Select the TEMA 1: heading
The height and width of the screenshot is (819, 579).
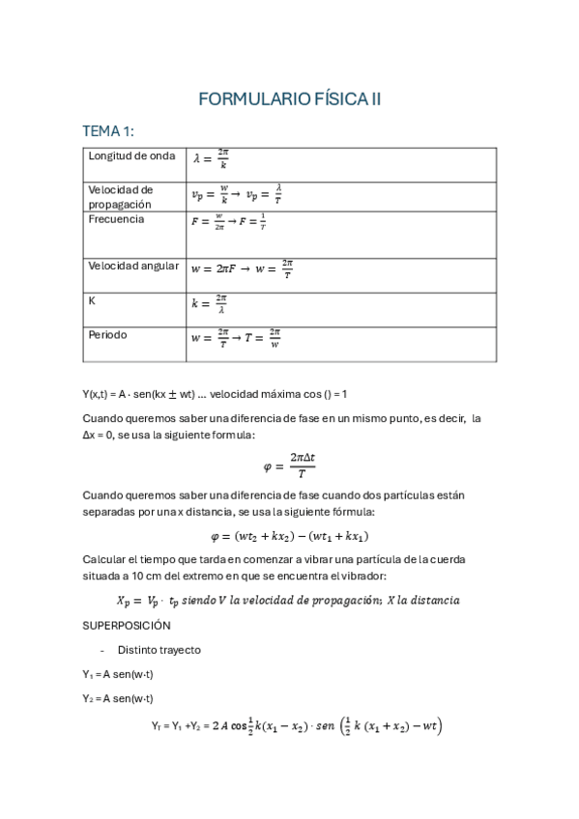coord(114,131)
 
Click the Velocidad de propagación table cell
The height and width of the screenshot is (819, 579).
coord(121,197)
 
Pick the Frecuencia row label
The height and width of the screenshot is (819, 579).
coord(116,219)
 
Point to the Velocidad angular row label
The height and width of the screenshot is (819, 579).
coord(133,266)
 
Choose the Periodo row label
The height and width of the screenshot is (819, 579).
coord(107,335)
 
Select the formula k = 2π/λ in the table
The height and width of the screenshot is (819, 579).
coord(210,303)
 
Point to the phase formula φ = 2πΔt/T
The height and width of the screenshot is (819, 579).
coord(290,466)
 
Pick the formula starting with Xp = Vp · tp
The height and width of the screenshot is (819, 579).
coord(288,600)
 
